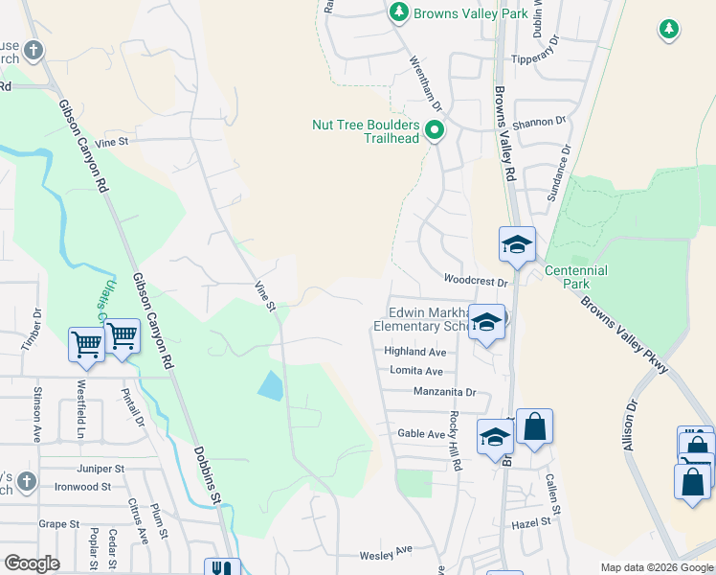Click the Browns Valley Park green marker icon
(399, 13)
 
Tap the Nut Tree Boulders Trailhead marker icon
(435, 129)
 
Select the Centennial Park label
(575, 277)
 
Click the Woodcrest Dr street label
(474, 280)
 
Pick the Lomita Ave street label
(414, 371)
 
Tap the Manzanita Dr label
(444, 392)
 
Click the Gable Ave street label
(422, 434)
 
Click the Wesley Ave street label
(385, 554)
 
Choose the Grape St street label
(59, 524)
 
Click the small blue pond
(271, 385)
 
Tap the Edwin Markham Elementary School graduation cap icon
(486, 322)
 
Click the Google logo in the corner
(32, 563)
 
